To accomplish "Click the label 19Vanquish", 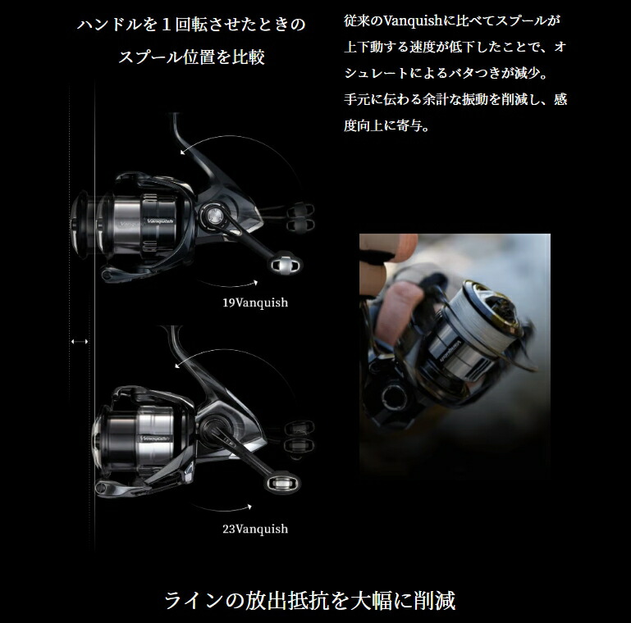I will pyautogui.click(x=255, y=302).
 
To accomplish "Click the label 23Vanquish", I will pyautogui.click(x=255, y=529).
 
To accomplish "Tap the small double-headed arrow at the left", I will pyautogui.click(x=80, y=340).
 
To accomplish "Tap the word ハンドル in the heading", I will pyautogui.click(x=112, y=25).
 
